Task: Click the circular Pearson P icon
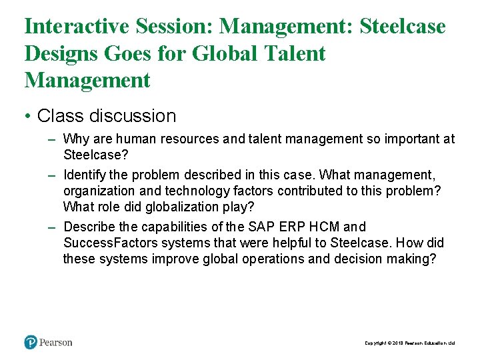point(31,342)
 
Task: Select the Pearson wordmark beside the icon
point(56,343)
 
